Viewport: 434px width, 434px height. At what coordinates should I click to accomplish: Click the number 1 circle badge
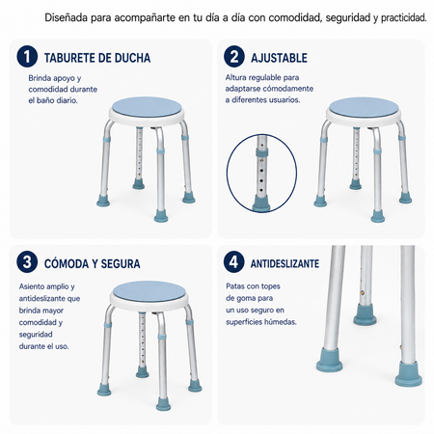click(x=27, y=57)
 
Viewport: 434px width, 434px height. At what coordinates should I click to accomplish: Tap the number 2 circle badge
click(x=234, y=57)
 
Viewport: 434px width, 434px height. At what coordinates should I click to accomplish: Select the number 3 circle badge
click(x=27, y=262)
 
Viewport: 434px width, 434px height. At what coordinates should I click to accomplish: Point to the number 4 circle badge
click(x=233, y=262)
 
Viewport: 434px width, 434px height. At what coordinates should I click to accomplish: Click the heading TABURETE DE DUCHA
click(x=97, y=58)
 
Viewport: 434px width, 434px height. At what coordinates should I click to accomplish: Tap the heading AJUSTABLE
click(x=279, y=58)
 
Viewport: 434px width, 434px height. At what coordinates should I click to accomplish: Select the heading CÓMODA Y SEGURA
click(x=92, y=264)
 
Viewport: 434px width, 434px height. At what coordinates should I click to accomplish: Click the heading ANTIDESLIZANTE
click(x=285, y=263)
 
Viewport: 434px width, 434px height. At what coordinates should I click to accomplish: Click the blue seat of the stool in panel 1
click(x=148, y=107)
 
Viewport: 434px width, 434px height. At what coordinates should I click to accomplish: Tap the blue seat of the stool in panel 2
click(x=364, y=107)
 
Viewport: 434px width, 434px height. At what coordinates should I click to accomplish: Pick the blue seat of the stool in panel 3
click(x=149, y=291)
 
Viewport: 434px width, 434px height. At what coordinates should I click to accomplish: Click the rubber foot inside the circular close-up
click(x=261, y=203)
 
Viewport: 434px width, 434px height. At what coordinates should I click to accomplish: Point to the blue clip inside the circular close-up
click(x=262, y=152)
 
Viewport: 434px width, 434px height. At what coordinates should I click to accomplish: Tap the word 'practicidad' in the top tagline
click(x=404, y=18)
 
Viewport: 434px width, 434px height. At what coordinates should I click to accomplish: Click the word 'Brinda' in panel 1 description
click(x=40, y=78)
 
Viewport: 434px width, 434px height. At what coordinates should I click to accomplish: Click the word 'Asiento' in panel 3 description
click(x=32, y=286)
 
